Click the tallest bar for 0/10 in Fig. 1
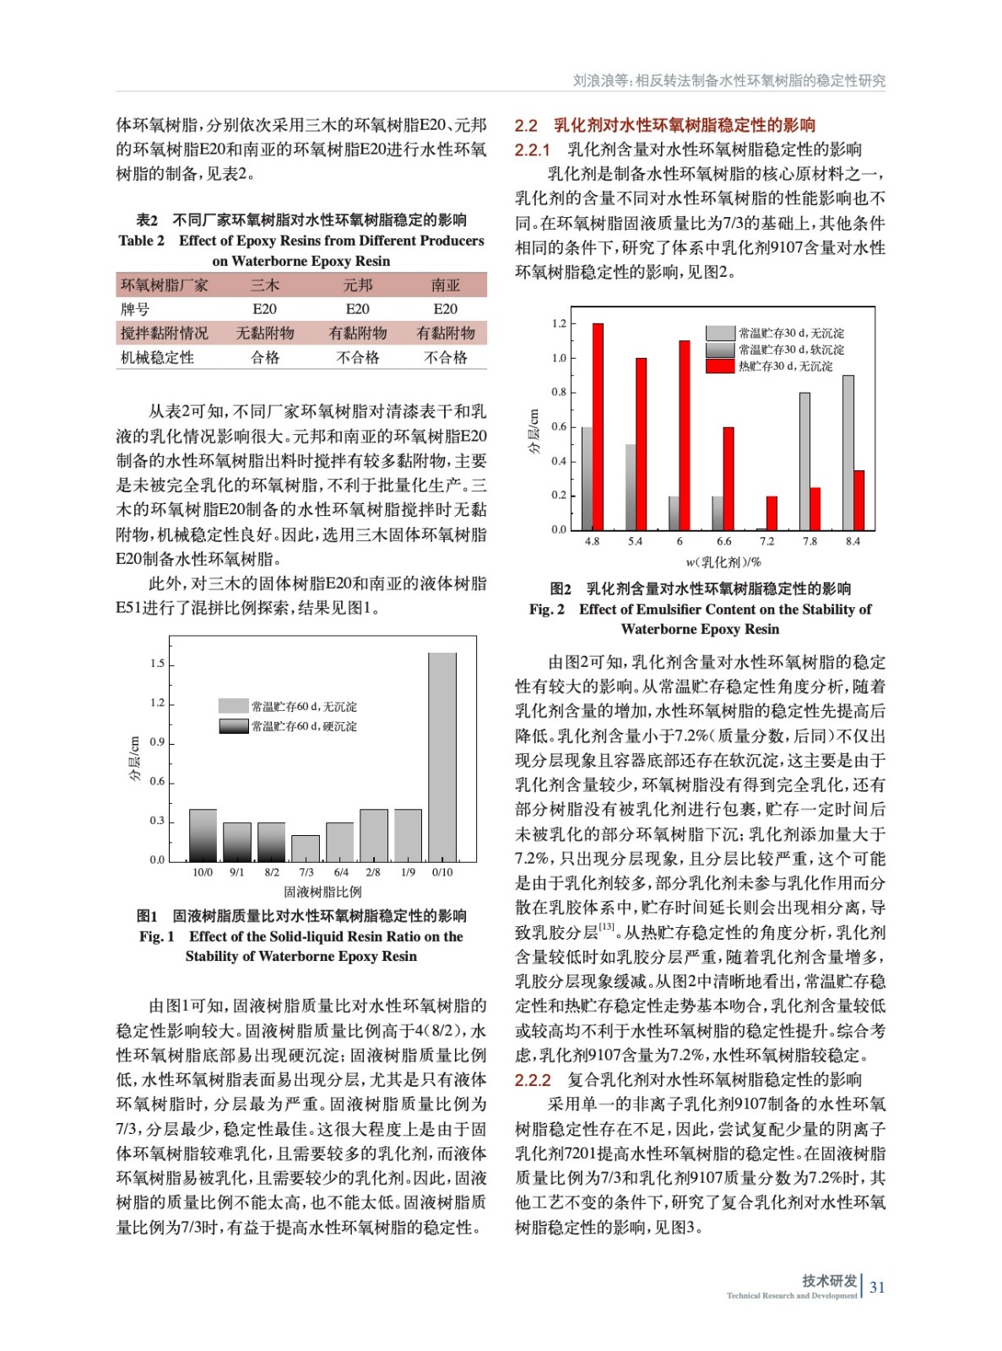[442, 757]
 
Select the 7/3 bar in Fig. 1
[306, 848]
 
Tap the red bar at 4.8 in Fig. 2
[598, 426]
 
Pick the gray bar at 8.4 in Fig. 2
[848, 453]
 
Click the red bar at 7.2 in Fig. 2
[772, 513]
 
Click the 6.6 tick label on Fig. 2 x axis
[723, 541]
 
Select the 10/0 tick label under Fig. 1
[203, 872]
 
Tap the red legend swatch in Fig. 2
[720, 366]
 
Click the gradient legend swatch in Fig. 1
[233, 726]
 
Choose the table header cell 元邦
[357, 285]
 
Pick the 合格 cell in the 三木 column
[265, 357]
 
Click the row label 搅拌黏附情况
[165, 334]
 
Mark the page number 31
[877, 1287]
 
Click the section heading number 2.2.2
[533, 1080]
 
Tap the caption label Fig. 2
[547, 610]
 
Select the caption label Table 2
[142, 241]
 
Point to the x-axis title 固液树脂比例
[322, 892]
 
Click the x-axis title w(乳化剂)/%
[723, 562]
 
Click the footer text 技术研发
[829, 1281]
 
